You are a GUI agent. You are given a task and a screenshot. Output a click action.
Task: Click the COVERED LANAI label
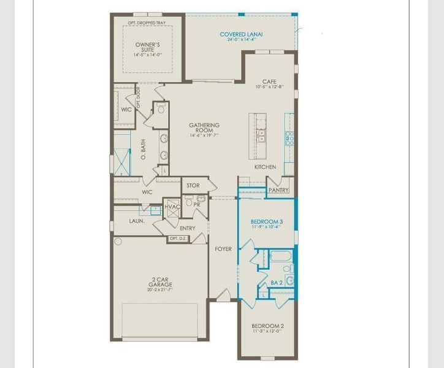(242, 34)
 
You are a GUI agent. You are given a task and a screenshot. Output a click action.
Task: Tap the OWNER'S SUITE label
(147, 47)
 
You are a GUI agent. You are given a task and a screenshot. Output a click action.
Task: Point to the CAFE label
(269, 82)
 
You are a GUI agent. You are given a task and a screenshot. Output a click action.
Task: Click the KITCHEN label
(266, 167)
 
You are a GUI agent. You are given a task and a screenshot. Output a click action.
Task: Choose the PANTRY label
(278, 190)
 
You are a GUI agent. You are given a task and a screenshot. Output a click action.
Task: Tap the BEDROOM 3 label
(267, 221)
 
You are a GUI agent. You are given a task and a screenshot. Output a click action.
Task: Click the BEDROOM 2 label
(267, 326)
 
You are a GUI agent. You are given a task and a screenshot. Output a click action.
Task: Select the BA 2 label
(276, 283)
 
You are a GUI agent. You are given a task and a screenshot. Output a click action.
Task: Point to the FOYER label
(223, 249)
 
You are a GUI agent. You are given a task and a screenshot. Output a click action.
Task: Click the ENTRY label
(188, 228)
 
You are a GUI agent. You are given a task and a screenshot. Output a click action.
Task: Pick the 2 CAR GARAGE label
(160, 282)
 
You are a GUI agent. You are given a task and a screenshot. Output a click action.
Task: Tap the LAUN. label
(136, 221)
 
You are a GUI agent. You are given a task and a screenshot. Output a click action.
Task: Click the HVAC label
(172, 207)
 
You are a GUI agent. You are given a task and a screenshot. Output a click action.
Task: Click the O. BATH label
(144, 150)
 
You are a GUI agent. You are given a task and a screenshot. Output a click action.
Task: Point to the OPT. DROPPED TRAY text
(147, 23)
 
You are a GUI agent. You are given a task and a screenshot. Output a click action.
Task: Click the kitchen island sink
(262, 134)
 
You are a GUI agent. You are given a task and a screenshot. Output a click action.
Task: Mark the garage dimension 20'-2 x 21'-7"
(160, 289)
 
